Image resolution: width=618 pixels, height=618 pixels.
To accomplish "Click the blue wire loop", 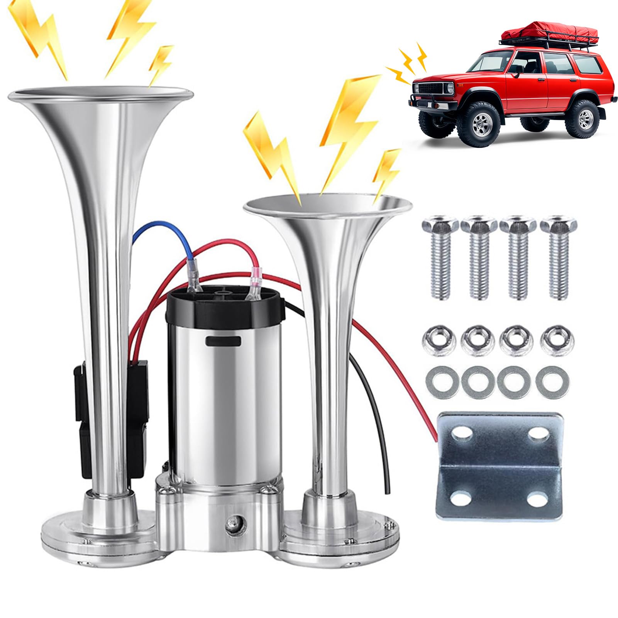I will coord(154,232).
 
